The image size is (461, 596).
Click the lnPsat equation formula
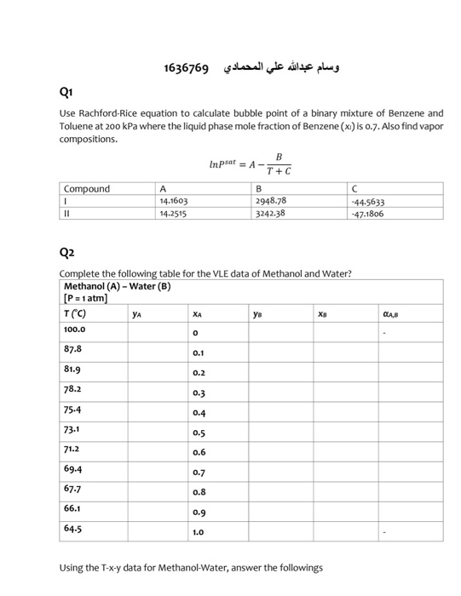(251, 163)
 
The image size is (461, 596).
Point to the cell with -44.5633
(368, 203)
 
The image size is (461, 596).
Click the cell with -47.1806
(368, 215)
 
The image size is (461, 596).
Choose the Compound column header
(87, 189)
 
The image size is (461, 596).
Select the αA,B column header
(392, 312)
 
